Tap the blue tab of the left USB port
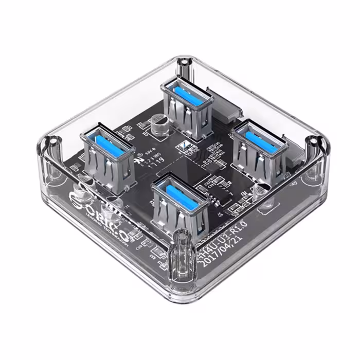106,141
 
